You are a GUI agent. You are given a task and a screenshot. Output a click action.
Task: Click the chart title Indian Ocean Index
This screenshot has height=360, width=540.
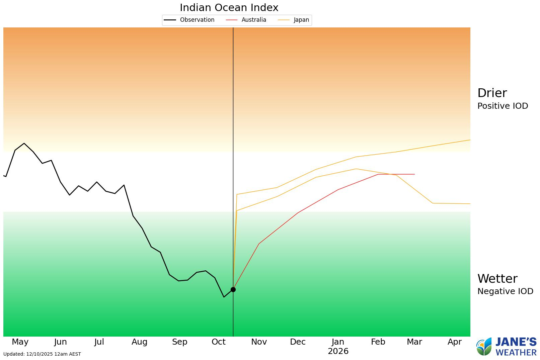[x=229, y=7]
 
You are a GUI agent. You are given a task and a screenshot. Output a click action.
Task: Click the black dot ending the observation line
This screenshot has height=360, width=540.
[x=233, y=289]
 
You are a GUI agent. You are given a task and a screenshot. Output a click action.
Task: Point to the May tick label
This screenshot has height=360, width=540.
[x=20, y=342]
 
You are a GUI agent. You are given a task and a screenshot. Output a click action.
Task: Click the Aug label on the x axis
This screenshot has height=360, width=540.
[x=139, y=342]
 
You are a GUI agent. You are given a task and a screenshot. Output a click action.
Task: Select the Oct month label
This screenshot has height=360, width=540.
[x=219, y=342]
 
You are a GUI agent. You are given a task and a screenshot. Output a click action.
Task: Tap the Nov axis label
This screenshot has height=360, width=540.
[x=259, y=342]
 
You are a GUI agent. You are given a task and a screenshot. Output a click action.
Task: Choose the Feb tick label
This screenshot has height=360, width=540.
[x=378, y=342]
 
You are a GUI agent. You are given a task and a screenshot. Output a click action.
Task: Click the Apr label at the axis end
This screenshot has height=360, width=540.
[x=455, y=342]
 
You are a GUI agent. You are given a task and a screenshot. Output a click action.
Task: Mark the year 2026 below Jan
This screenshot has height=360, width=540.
[x=338, y=351]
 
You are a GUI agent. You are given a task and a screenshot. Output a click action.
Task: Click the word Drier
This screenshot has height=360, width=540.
[x=492, y=93]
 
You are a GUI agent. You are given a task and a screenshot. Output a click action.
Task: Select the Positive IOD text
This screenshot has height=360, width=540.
[x=503, y=106]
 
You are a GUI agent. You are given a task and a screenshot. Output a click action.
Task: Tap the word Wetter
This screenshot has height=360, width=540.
[x=497, y=279]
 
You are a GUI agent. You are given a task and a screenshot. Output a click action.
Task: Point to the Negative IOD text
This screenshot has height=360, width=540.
[x=505, y=291]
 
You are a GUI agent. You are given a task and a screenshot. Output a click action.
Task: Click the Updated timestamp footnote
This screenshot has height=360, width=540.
[x=42, y=354]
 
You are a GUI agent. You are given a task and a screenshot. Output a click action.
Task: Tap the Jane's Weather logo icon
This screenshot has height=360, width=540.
[x=484, y=347]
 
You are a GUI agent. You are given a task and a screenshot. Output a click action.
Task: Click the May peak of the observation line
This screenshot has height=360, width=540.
[x=24, y=144]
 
